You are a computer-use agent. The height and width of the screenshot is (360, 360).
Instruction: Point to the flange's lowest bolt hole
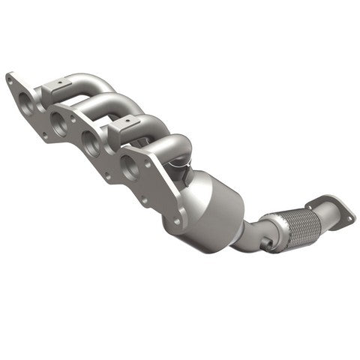click(x=177, y=221)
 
